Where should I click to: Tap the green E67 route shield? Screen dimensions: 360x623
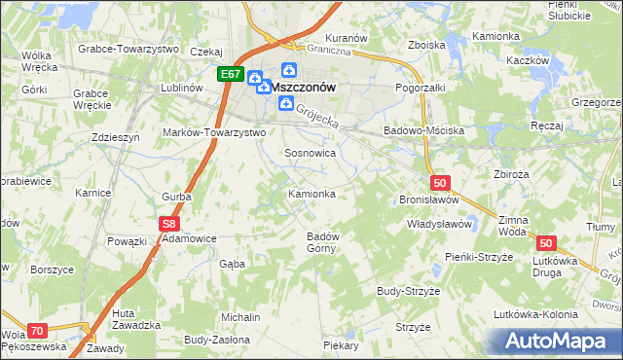coord(231,74)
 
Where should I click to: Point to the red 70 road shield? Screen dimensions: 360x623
coord(37,331)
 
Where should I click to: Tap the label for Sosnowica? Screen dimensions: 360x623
coord(310,154)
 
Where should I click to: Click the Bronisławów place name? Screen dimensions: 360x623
coord(428,199)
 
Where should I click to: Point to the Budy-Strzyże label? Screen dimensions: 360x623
coord(410,291)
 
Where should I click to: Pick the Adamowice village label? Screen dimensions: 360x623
coord(189,237)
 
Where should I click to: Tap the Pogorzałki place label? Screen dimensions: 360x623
coord(420,88)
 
